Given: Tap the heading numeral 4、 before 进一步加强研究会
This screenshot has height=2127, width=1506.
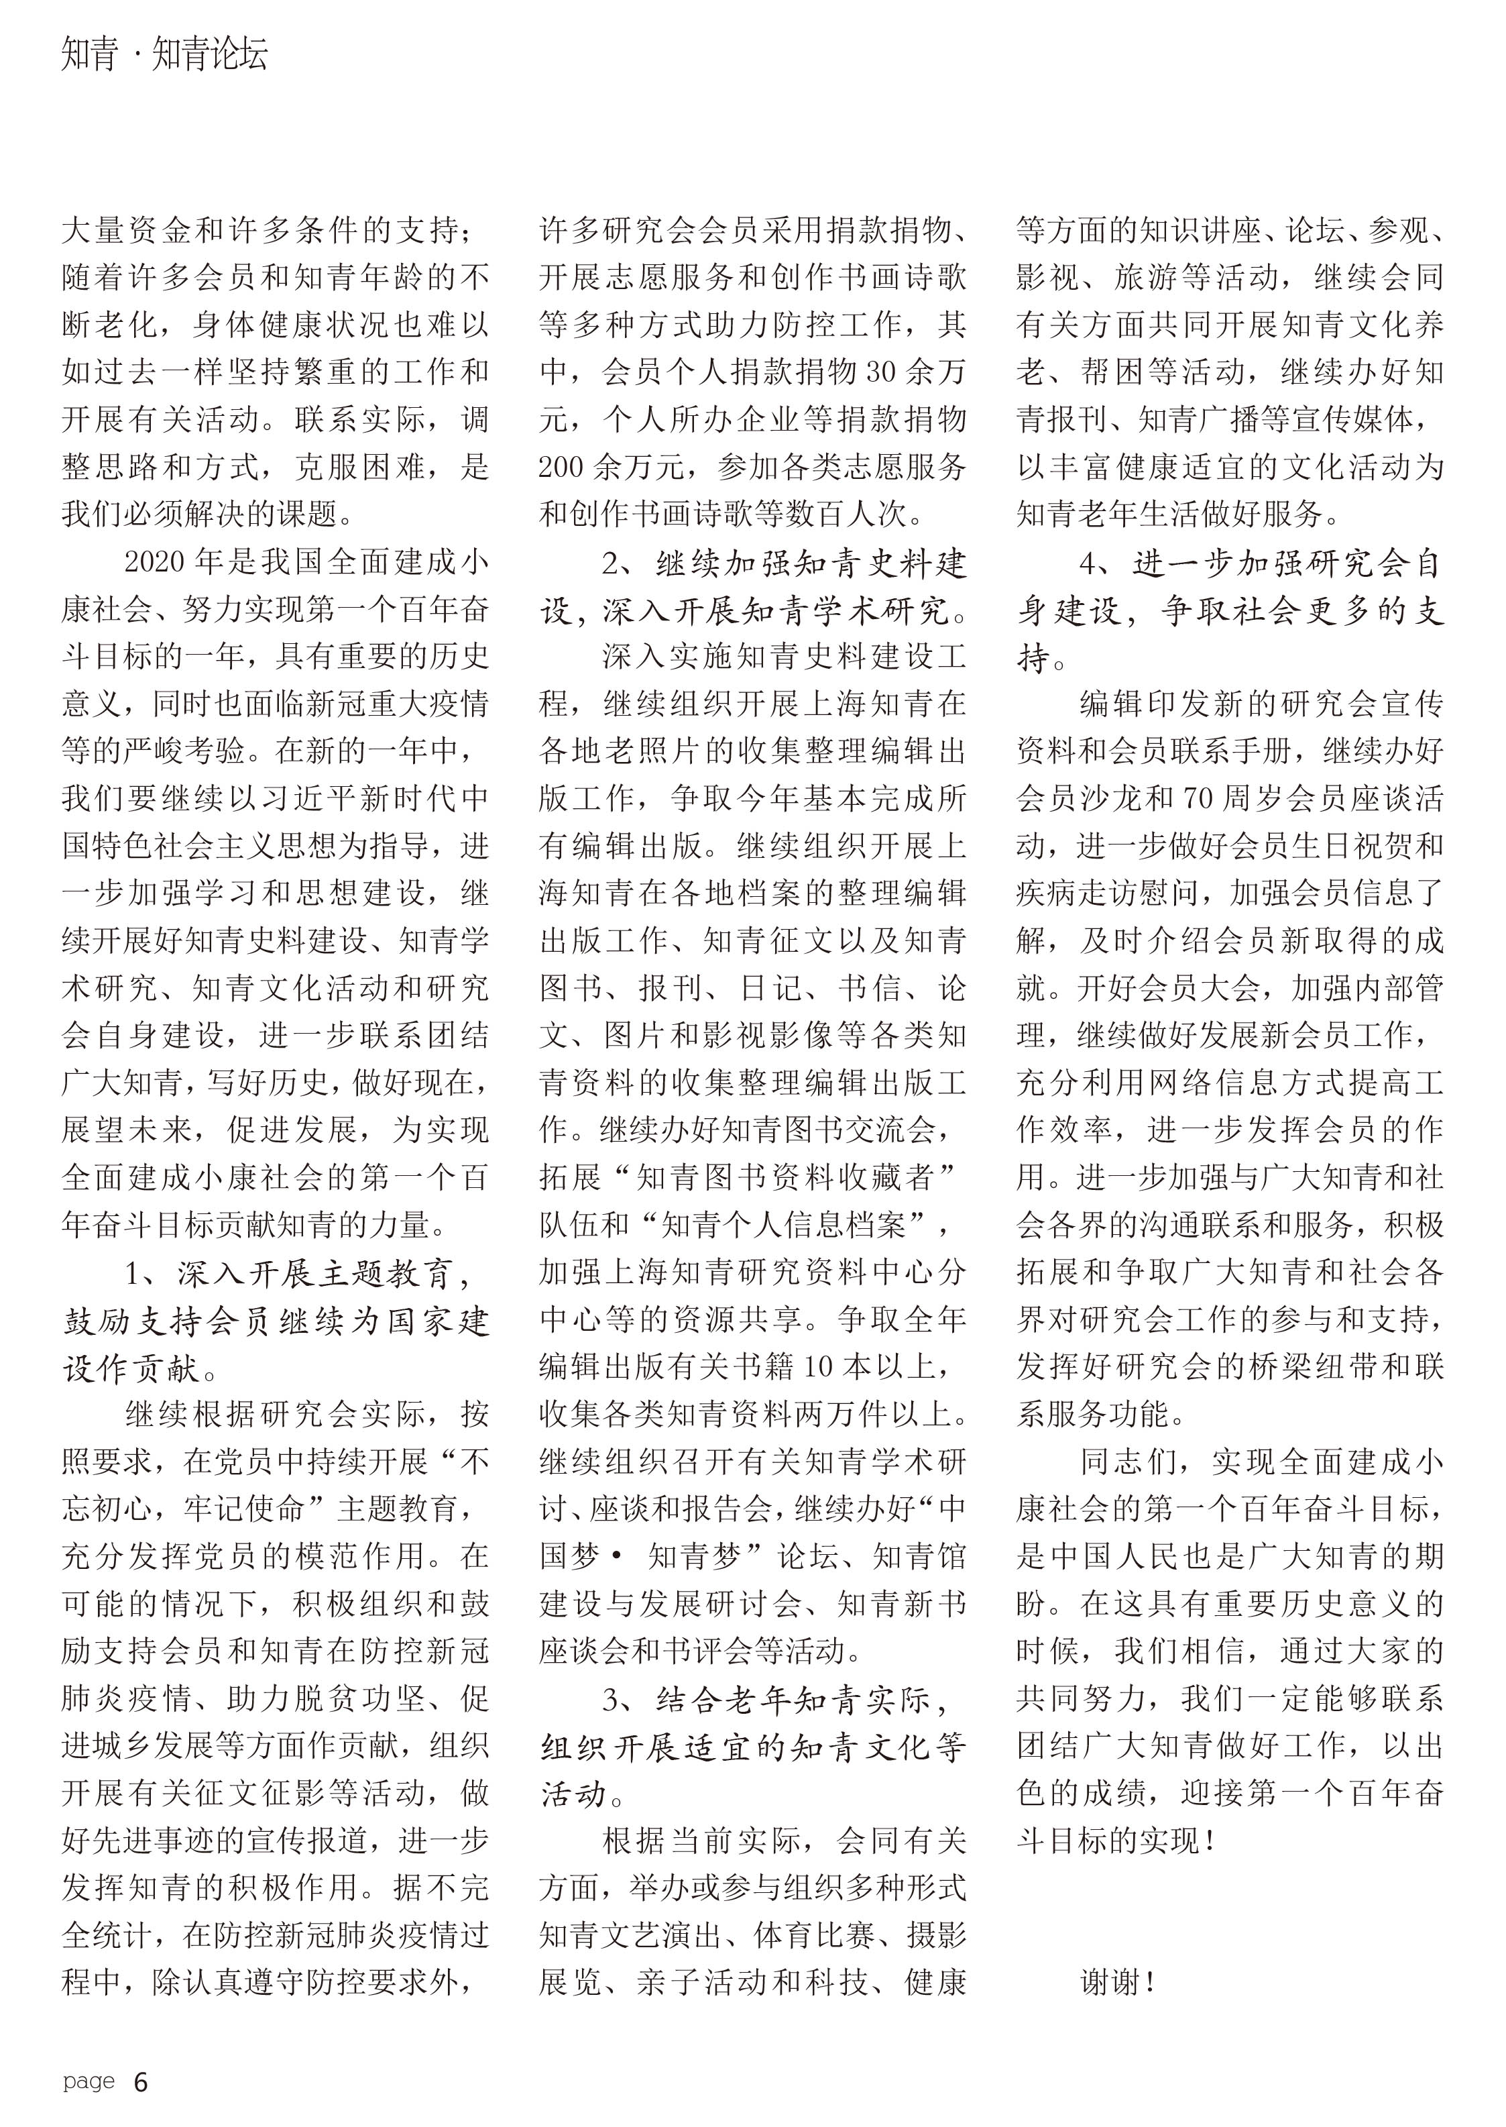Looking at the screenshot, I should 1094,563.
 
